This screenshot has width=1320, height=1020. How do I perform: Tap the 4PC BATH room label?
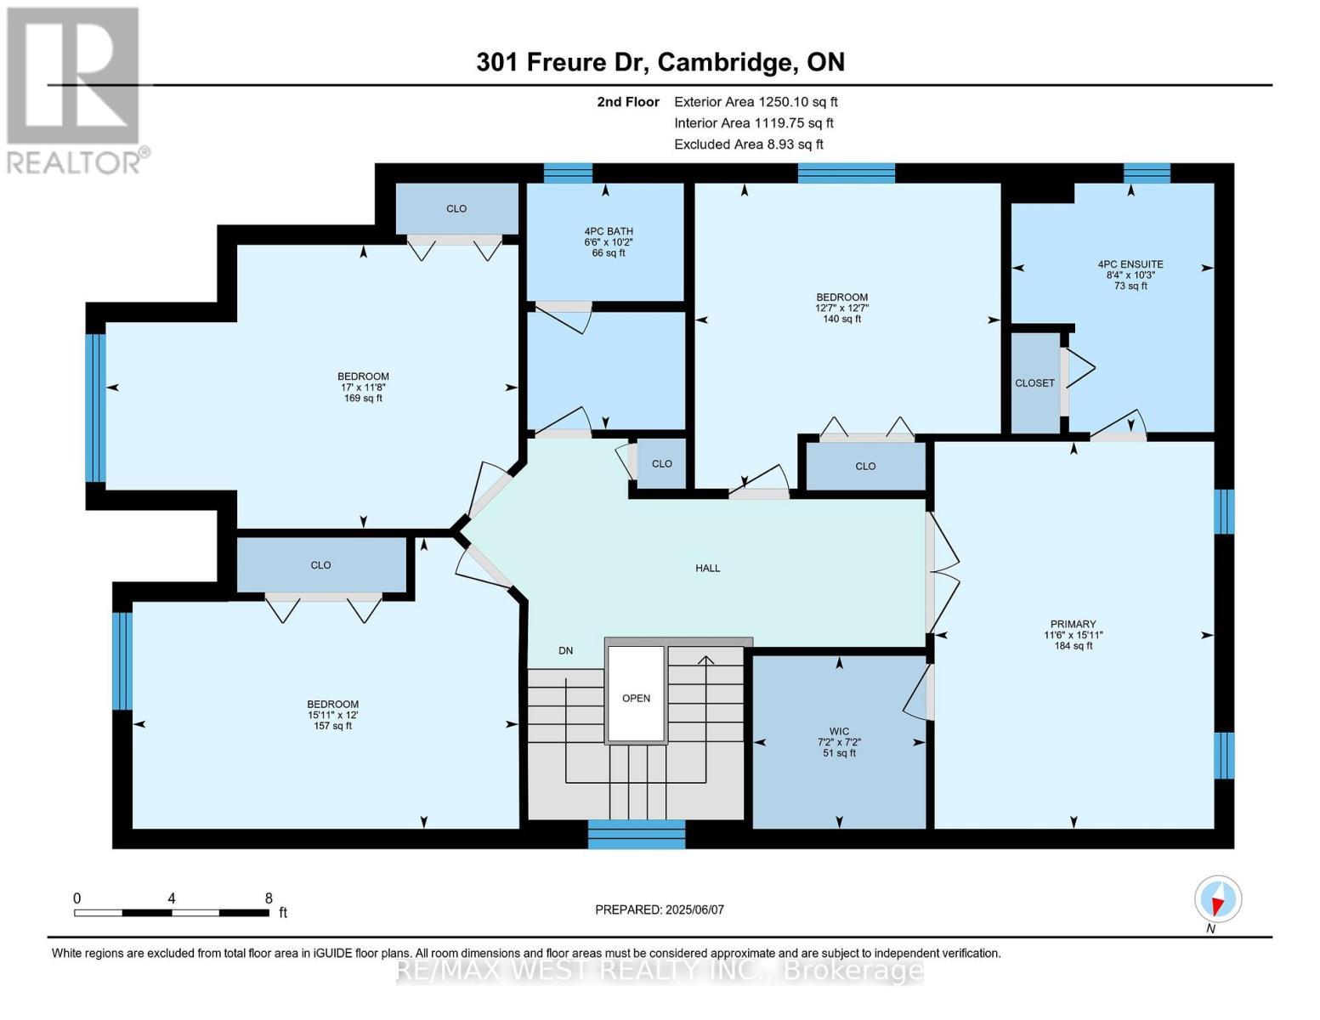pos(608,241)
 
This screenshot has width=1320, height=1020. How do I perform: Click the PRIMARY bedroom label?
pos(1073,634)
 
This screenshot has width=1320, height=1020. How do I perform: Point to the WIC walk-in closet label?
pos(839,741)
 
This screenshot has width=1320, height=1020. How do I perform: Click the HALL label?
pos(707,568)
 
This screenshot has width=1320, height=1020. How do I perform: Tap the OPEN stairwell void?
pos(636,697)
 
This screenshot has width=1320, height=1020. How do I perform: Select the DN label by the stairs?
pos(565,650)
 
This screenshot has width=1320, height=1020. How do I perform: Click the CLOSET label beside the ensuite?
pos(1034,383)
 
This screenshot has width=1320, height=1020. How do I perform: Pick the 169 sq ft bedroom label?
pos(363,387)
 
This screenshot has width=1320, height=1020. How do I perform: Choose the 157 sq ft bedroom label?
pos(332,714)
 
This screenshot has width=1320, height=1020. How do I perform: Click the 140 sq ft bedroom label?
pos(841,308)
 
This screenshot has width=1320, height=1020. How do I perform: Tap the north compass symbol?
pos(1217,900)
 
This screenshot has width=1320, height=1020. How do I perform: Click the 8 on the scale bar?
pos(269,898)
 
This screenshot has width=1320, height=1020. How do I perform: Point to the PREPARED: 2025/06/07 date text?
pos(659,909)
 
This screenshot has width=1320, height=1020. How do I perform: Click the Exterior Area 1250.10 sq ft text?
pos(755,101)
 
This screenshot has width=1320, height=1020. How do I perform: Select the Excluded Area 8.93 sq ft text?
pos(748,144)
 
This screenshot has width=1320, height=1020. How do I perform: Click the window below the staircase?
pos(636,834)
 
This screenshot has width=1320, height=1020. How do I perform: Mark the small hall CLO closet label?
pos(661,463)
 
